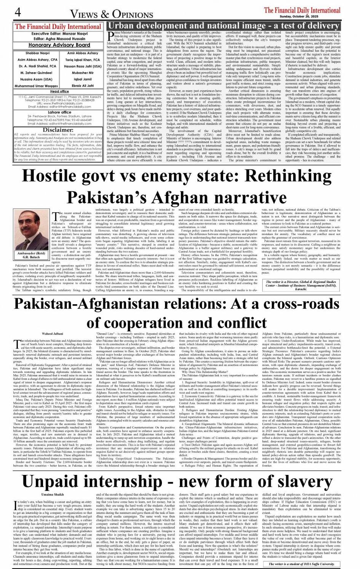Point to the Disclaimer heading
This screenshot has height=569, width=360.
point(58,129)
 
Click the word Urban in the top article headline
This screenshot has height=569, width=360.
point(122,26)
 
